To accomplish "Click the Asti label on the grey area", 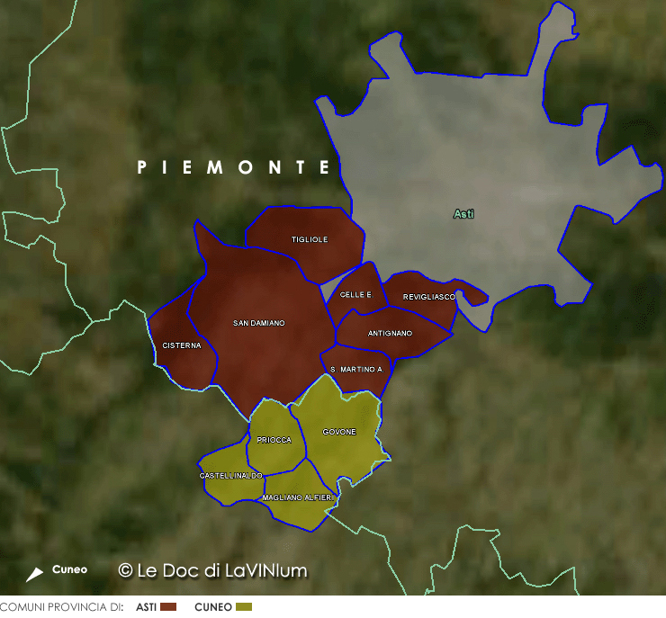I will tap(463, 214).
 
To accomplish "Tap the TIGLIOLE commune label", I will tap(310, 239).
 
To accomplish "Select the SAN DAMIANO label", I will tap(258, 323).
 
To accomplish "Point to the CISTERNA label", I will tap(182, 345).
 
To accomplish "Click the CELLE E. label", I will tap(355, 295).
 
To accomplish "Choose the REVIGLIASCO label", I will tap(429, 297).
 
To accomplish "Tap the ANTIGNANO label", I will tap(390, 334).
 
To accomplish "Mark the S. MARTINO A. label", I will tap(356, 370).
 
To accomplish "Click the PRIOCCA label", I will tap(274, 441).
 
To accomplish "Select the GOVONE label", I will tap(339, 432).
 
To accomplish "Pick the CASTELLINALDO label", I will tap(230, 475).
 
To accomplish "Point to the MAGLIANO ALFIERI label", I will tap(297, 497).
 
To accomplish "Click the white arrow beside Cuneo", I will tap(34, 574).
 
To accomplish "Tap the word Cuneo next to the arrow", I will tap(69, 569).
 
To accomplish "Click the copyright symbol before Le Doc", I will tap(126, 570).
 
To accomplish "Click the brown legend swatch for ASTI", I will tap(168, 607).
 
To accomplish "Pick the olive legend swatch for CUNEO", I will tap(244, 607).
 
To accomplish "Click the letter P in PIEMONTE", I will tap(141, 167).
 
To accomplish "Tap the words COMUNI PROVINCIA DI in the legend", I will tap(61, 607).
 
